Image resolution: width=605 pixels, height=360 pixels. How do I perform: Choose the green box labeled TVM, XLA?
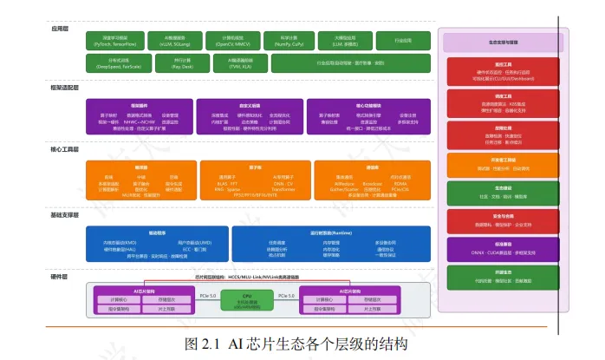click(x=236, y=62)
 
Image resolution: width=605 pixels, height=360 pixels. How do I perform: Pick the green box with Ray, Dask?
click(x=183, y=62)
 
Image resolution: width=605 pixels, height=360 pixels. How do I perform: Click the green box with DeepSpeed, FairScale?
click(x=115, y=62)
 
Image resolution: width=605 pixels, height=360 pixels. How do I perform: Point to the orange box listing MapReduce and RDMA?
click(x=373, y=179)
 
